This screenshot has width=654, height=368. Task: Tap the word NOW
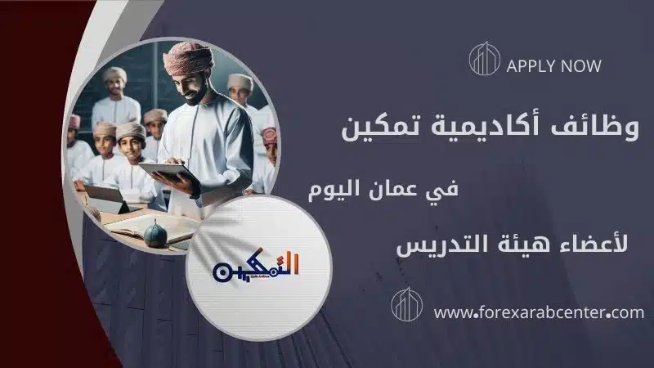coord(581,66)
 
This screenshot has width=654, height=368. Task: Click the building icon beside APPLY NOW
coord(484,59)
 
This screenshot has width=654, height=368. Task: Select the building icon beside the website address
coord(406,304)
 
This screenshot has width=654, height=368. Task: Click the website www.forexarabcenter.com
coord(539,312)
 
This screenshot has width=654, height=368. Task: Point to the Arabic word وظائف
coord(595,127)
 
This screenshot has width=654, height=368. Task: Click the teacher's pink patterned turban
coord(188,57)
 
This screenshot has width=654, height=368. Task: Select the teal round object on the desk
coord(155,235)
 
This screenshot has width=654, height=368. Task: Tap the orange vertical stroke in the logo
coord(296,263)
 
